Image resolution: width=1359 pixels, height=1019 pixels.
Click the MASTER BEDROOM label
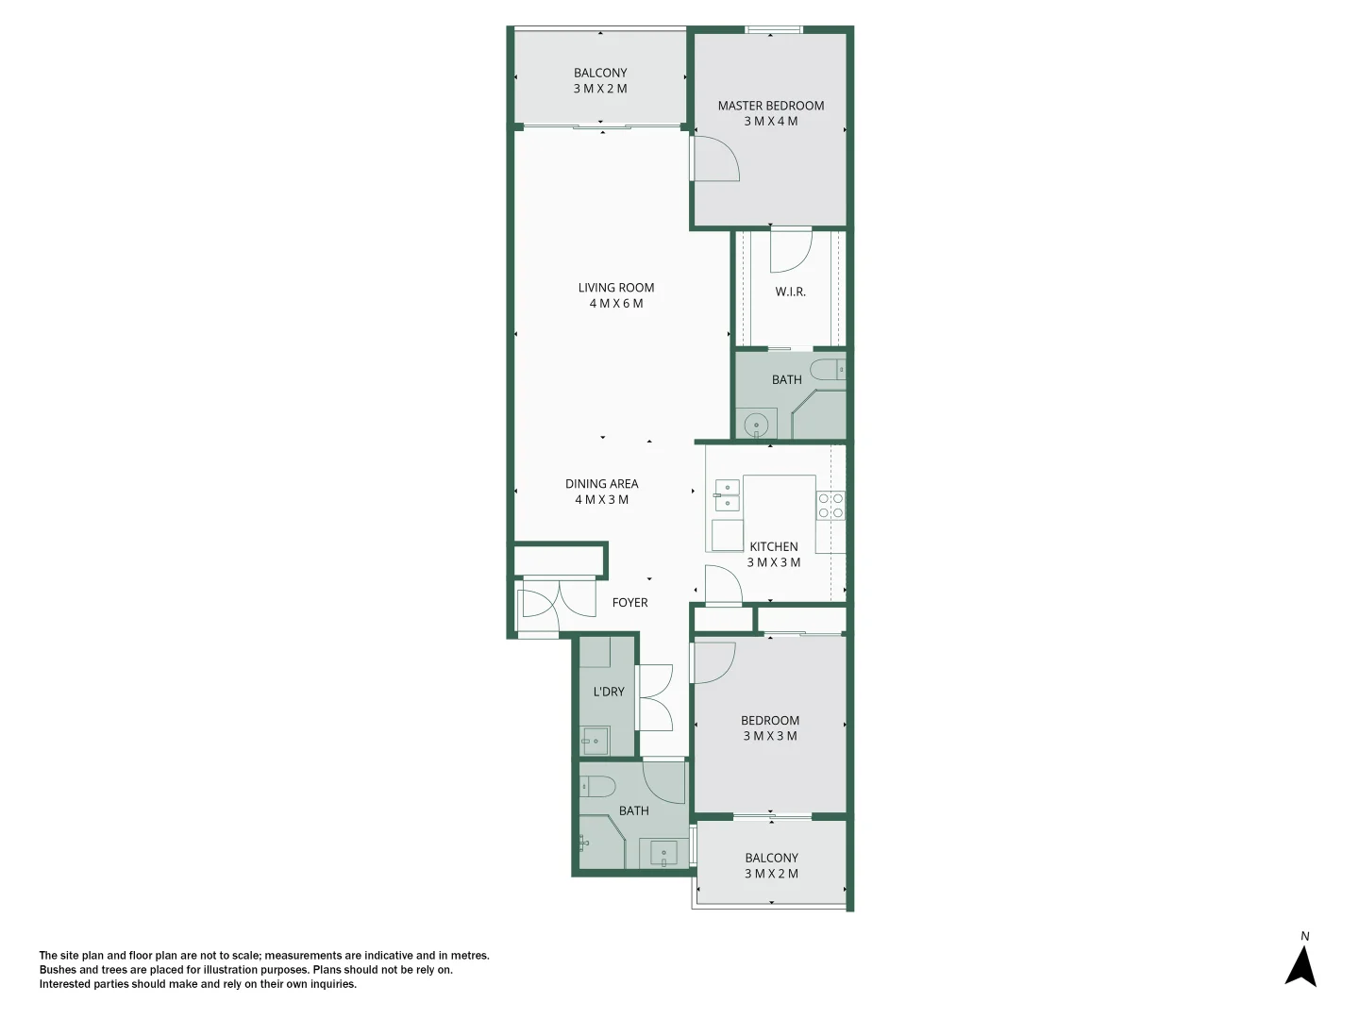pyautogui.click(x=770, y=106)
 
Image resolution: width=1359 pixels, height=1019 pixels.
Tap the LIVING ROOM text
pyautogui.click(x=615, y=288)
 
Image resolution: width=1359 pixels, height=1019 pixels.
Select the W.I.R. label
pyautogui.click(x=790, y=292)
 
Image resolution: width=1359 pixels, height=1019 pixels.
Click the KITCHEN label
pyautogui.click(x=773, y=546)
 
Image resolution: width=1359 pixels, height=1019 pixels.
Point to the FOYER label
pyautogui.click(x=629, y=602)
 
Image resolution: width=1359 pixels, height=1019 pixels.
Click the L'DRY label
pyautogui.click(x=609, y=692)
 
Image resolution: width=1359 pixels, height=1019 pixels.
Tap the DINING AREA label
pyautogui.click(x=601, y=484)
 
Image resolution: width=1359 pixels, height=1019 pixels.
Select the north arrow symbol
pyautogui.click(x=1301, y=964)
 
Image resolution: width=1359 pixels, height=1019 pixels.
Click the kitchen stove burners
pyautogui.click(x=830, y=505)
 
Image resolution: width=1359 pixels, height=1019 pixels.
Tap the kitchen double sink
pyautogui.click(x=727, y=494)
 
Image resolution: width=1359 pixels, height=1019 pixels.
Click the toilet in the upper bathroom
pyautogui.click(x=828, y=369)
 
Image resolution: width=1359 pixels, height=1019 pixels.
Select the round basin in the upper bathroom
pyautogui.click(x=756, y=426)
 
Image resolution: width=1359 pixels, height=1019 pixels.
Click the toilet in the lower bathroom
pyautogui.click(x=596, y=786)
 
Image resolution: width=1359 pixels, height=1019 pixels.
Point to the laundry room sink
pyautogui.click(x=595, y=741)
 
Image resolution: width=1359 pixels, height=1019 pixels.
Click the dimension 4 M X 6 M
pyautogui.click(x=615, y=304)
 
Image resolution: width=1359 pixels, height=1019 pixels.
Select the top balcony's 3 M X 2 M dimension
pyautogui.click(x=599, y=89)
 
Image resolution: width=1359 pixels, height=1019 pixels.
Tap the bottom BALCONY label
pyautogui.click(x=771, y=858)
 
